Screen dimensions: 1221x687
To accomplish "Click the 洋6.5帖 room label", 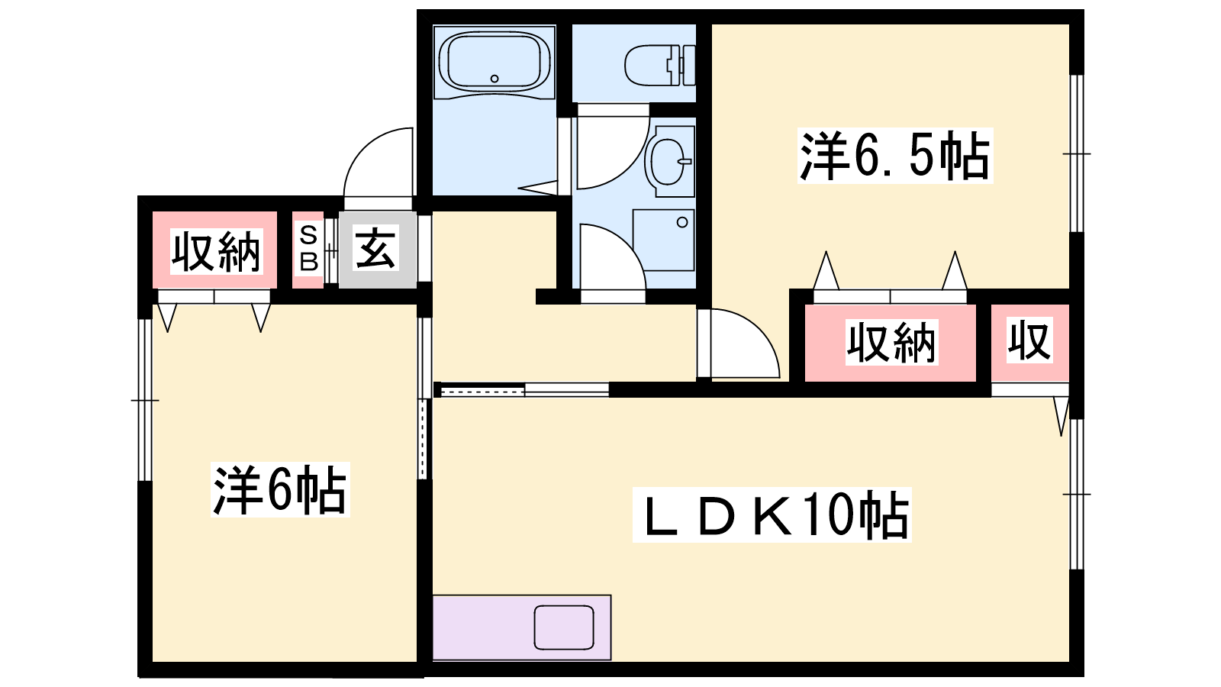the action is (894, 156).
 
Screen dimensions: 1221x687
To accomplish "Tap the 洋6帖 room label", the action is (279, 489).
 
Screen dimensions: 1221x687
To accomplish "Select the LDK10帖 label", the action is (772, 514).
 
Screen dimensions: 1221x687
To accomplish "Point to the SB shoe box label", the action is (308, 249).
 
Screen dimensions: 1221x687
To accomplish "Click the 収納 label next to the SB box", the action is (217, 252).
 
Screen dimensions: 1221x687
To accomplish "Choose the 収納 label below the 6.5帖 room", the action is (892, 343).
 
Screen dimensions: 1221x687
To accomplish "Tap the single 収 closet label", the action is (1029, 341).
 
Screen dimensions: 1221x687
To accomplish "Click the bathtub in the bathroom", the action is (495, 63).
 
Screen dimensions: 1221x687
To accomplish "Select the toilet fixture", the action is (660, 66).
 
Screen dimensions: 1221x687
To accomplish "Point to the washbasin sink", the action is (668, 161).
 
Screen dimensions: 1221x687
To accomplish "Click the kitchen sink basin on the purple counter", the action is (564, 627).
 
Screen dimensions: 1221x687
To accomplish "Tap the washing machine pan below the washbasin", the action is (663, 240).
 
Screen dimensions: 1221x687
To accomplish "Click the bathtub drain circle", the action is (495, 79).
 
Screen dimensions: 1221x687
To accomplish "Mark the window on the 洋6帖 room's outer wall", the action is (145, 400).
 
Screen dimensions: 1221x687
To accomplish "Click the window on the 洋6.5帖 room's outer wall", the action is (1077, 153).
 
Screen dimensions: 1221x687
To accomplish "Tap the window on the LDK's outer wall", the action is (1077, 494).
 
